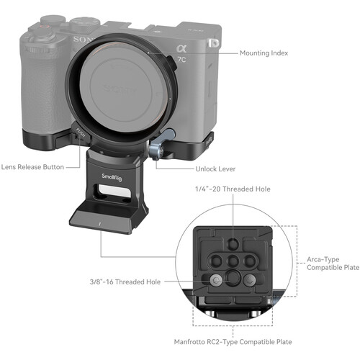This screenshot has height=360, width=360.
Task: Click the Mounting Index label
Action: coord(264,53)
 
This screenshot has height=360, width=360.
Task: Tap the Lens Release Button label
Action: coord(32,167)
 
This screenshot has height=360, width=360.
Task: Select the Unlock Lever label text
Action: coord(215,169)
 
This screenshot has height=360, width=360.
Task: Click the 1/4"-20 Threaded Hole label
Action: coord(233,189)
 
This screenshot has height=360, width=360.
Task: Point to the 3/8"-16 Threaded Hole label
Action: coord(125,282)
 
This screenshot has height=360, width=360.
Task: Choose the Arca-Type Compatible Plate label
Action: coord(333,264)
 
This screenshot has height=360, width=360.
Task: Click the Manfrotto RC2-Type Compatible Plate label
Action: coord(233,342)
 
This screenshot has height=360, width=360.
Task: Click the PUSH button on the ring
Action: coord(81,133)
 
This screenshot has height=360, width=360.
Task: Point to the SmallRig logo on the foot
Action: coord(112,177)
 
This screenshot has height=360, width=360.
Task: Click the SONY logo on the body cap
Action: coord(118,89)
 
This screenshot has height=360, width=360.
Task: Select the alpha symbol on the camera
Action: coord(181,49)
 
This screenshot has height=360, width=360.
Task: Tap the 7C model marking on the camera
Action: coord(181,59)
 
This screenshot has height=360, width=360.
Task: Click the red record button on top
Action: coord(45,27)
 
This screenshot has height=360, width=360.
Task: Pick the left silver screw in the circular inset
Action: coord(215,279)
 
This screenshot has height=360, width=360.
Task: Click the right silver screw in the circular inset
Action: coord(250,279)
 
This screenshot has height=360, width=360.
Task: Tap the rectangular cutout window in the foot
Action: coord(114,191)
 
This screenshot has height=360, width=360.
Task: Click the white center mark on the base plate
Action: coord(99,224)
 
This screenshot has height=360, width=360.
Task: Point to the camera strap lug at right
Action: coord(213,43)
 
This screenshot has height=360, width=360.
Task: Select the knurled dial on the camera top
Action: coord(84,22)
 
